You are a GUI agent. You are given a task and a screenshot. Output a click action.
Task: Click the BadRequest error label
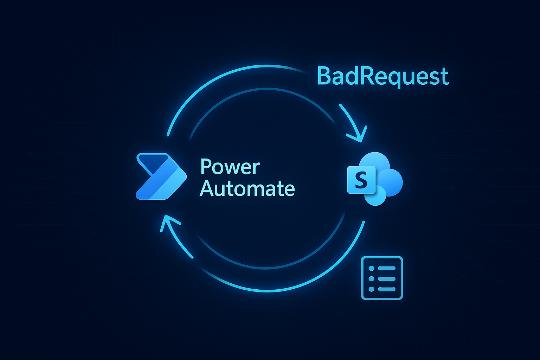(x=382, y=76)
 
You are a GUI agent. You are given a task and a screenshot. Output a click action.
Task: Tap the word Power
(x=230, y=167)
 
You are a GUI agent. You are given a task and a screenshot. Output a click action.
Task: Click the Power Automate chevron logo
(x=160, y=176)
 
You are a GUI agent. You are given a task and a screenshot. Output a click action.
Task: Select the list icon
(x=382, y=278)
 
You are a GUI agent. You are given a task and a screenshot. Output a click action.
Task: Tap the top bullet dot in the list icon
(x=371, y=269)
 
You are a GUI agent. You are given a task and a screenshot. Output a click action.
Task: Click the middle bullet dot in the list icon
(x=371, y=279)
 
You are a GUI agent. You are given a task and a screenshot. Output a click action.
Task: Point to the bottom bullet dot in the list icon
(x=371, y=289)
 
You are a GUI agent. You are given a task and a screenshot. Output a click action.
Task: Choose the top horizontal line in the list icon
(x=386, y=269)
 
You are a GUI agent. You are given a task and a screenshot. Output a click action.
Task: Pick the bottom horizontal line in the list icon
(x=386, y=289)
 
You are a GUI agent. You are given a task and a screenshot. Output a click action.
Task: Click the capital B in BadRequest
(x=325, y=76)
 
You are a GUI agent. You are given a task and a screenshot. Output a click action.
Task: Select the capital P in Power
(x=206, y=167)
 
